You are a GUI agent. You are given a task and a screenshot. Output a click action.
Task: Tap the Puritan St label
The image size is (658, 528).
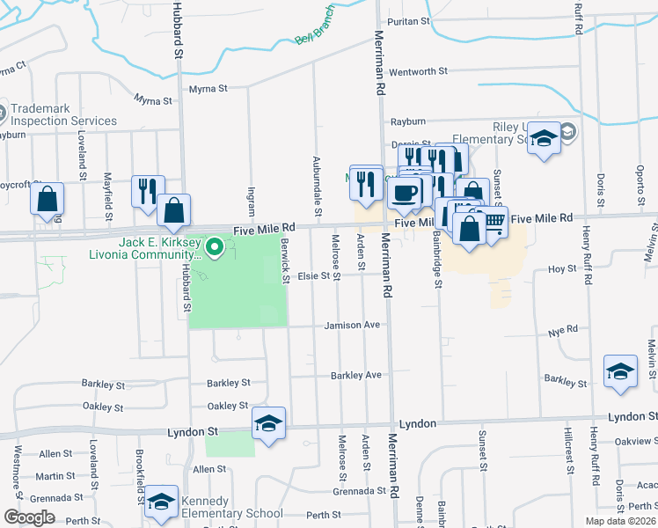pyautogui.click(x=411, y=20)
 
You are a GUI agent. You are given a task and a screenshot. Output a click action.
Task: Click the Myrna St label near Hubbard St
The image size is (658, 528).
pyautogui.click(x=208, y=89)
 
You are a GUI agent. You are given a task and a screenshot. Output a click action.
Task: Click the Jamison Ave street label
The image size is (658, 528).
pyautogui.click(x=352, y=325)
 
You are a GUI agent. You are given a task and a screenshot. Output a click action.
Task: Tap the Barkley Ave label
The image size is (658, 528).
pyautogui.click(x=355, y=375)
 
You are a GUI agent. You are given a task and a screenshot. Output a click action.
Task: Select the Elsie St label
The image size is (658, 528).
pyautogui.click(x=318, y=275)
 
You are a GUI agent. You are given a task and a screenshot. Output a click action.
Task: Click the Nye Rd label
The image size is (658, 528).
pyautogui.click(x=563, y=330)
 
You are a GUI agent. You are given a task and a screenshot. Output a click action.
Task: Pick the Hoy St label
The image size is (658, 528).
pyautogui.click(x=561, y=269)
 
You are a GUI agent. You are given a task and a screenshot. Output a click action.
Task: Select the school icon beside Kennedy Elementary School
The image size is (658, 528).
pyautogui.click(x=161, y=501)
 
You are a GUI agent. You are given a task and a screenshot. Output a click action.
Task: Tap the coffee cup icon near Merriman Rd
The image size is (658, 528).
pyautogui.click(x=405, y=193)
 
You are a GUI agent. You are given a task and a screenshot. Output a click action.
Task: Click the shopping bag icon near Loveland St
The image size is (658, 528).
pyautogui.click(x=48, y=200)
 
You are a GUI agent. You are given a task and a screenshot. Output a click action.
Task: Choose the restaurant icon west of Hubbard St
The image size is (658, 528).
pyautogui.click(x=147, y=191)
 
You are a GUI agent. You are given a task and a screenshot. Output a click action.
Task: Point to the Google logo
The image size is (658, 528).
pyautogui.click(x=30, y=517)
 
